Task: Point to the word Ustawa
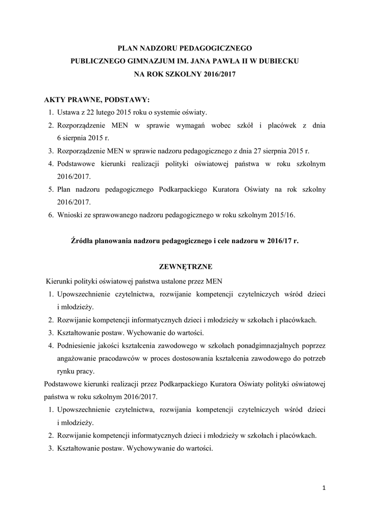(68, 112)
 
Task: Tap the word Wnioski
(70, 215)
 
